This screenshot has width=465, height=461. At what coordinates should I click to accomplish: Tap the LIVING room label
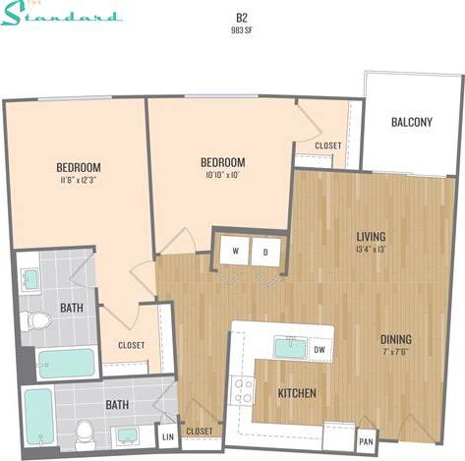pos(371,237)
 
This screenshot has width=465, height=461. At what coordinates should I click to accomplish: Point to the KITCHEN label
pos(297,393)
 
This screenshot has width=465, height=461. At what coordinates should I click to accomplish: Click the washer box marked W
pos(236,251)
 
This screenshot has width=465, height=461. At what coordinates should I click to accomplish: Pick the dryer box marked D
pos(264,251)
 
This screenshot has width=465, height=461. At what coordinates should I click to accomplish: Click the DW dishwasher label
pos(318,348)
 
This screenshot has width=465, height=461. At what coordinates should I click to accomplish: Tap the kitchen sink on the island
pos(290,348)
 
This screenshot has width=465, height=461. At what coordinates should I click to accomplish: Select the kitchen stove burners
pos(242,391)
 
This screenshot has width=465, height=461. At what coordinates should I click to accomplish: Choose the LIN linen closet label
pos(167,434)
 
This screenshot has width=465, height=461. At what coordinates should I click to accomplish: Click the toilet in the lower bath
pos(86,431)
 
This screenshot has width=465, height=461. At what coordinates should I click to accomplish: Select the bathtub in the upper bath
pos(66,363)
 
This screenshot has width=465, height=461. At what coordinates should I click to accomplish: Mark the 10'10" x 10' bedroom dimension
pos(222,175)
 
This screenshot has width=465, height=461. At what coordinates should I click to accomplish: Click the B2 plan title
pos(240,17)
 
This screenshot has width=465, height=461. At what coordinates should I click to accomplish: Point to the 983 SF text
pos(240,30)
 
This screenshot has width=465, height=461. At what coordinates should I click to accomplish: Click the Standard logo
pos(64,14)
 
